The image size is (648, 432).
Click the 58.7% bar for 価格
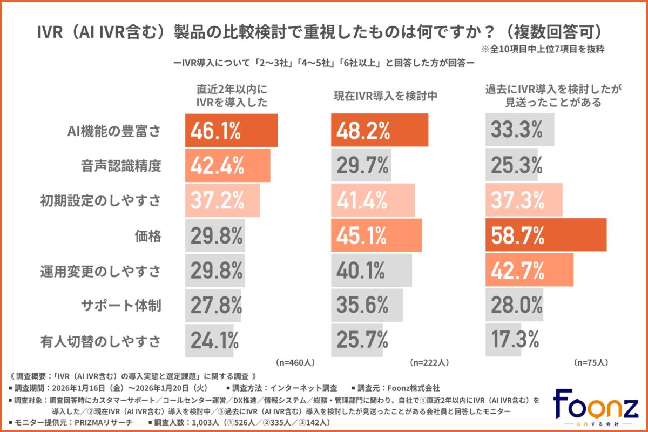546,235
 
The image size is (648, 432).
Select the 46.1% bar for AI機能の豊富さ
231,130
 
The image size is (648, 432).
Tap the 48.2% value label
363,130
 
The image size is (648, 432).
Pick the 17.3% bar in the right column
503,340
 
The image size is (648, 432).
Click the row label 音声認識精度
124,166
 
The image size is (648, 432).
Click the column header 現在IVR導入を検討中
384,97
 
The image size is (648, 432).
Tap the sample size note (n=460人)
295,362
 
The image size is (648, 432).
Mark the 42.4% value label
215,165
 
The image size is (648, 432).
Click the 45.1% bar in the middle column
376,235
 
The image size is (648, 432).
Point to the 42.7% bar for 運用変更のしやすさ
529,271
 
